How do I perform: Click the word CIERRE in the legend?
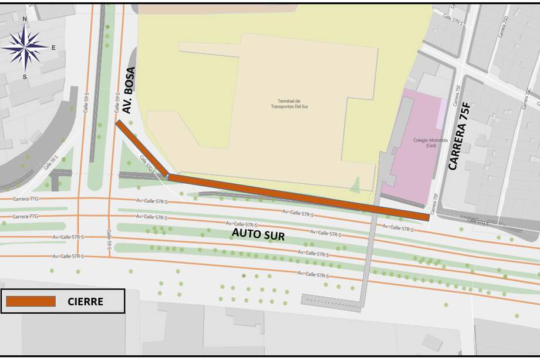point(85,302)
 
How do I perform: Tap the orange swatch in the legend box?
point(31,301)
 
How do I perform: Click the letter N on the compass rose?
point(25,19)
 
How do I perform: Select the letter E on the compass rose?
point(53,48)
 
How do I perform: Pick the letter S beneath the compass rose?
point(25,77)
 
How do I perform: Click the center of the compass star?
point(25,48)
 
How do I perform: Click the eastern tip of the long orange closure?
point(427,217)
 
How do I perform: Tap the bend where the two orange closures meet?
point(168,176)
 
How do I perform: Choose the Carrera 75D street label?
point(504,26)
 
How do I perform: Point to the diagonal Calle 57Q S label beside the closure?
point(146,164)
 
